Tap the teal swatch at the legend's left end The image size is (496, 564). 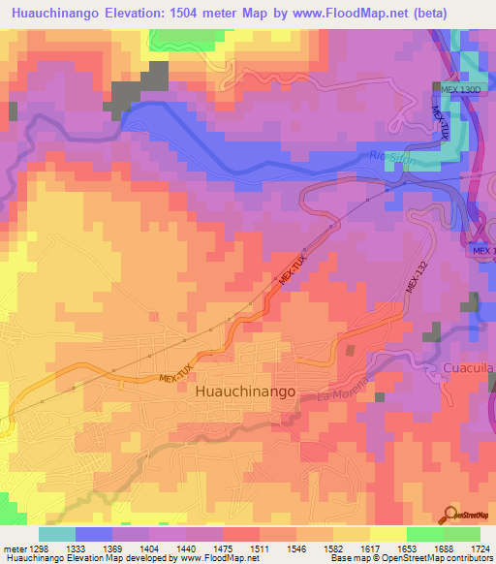(56, 534)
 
